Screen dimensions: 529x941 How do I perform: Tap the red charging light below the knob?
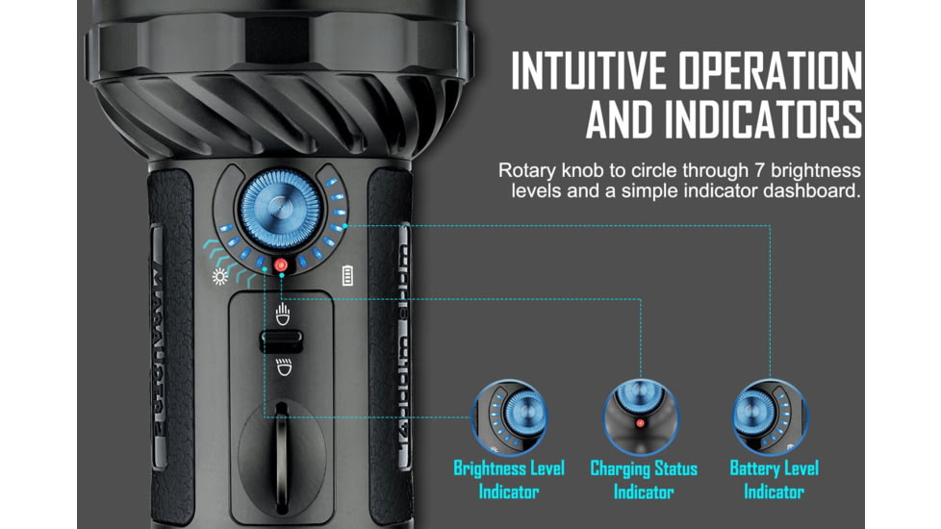(x=281, y=264)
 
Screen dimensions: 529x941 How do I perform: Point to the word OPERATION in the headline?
(x=778, y=73)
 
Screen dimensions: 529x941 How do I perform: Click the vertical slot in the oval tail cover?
(x=280, y=442)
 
